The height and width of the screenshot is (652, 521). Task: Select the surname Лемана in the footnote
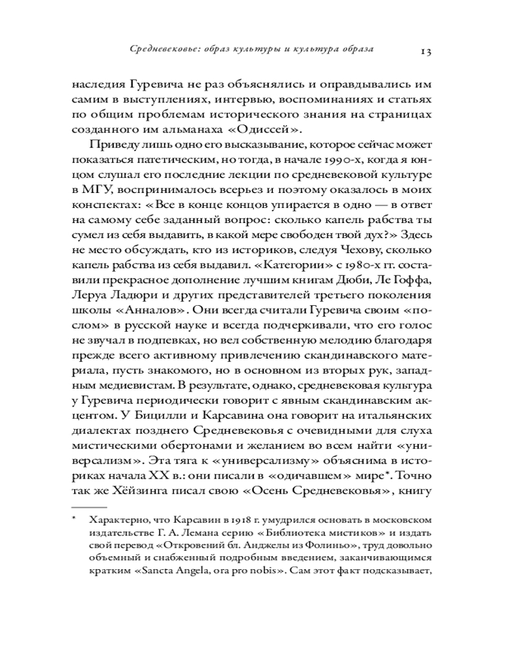coord(203,533)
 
